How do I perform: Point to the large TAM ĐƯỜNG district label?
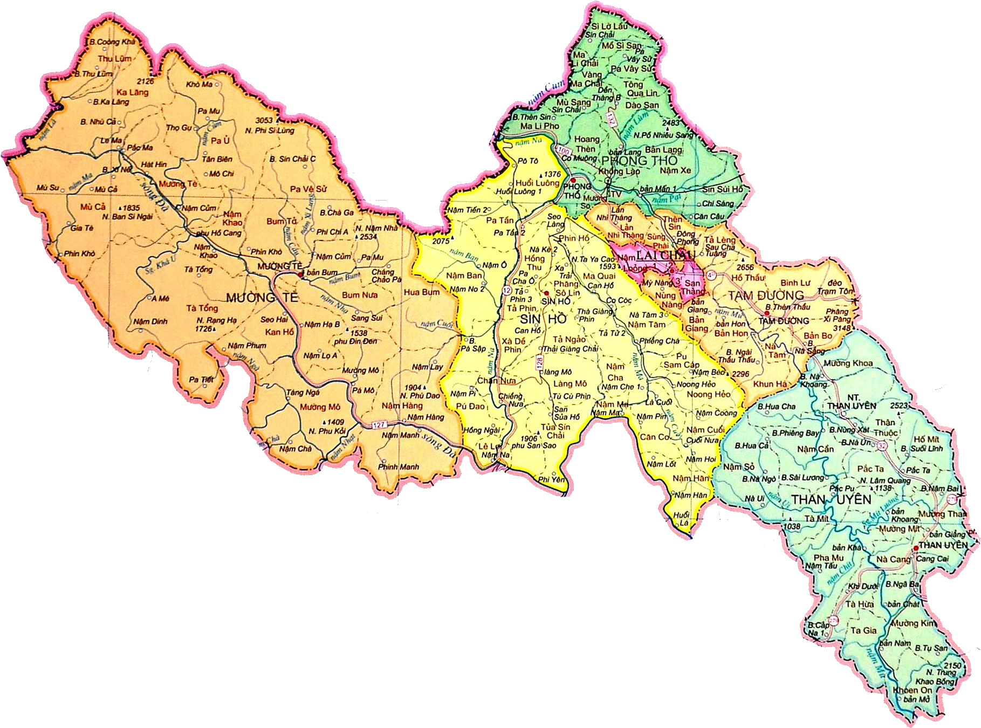[x=766, y=296]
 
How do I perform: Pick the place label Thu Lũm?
[x=114, y=59]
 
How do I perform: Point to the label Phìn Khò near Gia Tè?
[x=79, y=253]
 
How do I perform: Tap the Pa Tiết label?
[x=201, y=380]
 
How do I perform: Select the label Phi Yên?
[x=551, y=479]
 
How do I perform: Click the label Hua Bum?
[x=421, y=292]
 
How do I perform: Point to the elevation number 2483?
[x=671, y=123]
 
